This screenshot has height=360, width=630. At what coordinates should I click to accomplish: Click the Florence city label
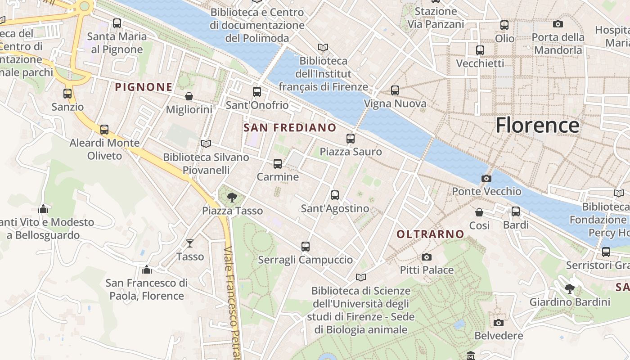coord(537,125)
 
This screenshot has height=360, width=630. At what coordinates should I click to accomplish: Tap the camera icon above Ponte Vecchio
coord(486,178)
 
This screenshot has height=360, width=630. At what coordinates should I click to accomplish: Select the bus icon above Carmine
coord(278,164)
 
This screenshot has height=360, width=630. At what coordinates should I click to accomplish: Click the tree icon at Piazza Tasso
coord(232,197)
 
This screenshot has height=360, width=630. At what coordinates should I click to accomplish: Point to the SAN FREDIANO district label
coord(290,128)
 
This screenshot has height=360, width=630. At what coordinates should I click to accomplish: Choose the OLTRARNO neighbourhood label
coord(430,234)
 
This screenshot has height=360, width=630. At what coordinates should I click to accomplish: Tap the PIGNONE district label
coord(144,87)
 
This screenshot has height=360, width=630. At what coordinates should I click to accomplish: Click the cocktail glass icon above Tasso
coord(190,243)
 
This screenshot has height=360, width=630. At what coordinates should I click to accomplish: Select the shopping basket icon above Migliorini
coord(189,96)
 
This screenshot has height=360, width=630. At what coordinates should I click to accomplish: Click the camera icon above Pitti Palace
coord(426,257)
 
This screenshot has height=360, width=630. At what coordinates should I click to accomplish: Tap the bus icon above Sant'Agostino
coord(335,195)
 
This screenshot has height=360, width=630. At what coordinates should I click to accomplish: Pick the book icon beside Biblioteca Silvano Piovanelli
coord(206,144)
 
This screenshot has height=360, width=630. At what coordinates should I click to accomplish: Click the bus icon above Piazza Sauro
coord(351,139)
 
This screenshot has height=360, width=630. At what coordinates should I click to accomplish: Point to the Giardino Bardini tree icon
coord(570,289)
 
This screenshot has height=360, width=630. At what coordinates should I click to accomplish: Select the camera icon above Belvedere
coord(498,323)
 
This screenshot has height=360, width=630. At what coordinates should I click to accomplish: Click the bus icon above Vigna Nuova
coord(395,90)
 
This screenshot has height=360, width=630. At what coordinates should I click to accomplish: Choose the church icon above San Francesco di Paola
coord(147,270)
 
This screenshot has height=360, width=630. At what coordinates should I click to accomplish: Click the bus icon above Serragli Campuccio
coord(306,247)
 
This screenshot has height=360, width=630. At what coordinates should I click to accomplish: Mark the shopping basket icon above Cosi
coord(479,212)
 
